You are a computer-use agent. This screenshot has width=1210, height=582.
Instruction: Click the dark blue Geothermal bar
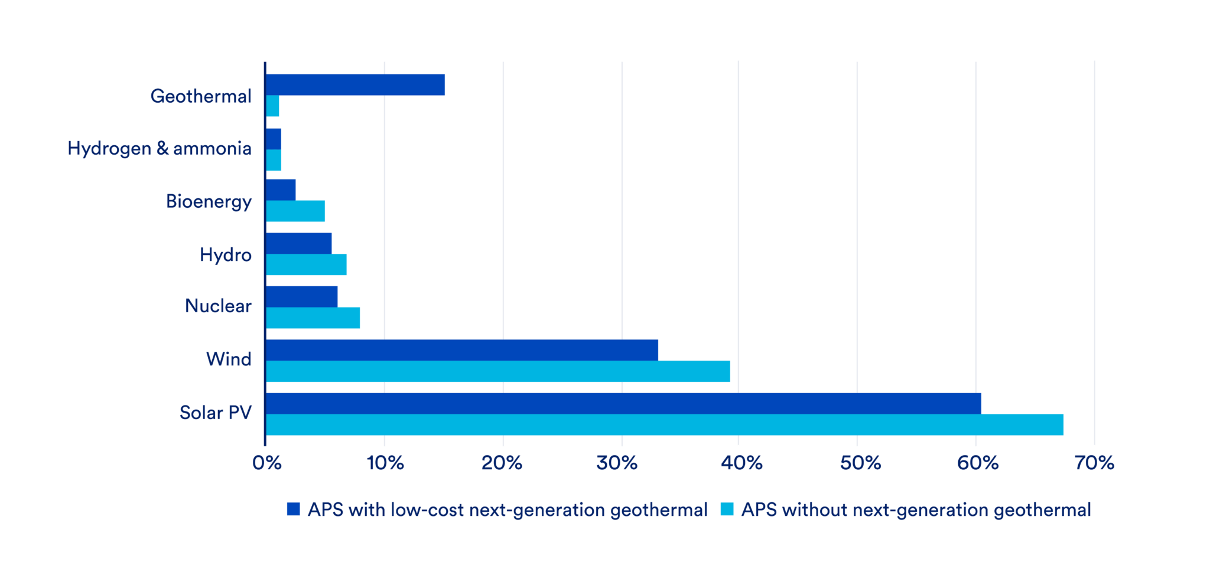coord(354,85)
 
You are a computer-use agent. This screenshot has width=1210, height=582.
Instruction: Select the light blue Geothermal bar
coord(272,106)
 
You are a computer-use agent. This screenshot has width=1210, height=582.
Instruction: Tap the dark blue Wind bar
coord(461,350)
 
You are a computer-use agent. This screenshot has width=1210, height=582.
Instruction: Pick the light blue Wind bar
coord(497,371)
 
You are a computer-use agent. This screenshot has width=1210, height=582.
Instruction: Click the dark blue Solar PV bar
coord(623,404)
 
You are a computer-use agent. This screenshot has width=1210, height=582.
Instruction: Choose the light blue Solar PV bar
coord(664,425)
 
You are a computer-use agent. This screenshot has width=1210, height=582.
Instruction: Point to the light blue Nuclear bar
coord(313,318)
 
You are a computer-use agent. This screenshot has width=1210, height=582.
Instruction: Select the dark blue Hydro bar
coord(298,243)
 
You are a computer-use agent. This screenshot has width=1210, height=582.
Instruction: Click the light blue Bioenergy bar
coord(295,211)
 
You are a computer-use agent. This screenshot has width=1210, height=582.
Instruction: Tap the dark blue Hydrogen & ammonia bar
coord(273,139)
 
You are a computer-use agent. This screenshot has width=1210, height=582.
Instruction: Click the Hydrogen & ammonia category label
coord(160,149)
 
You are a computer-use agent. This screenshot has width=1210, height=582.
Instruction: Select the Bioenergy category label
coord(209,202)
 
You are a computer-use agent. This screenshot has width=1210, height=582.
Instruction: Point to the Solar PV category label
coord(216,413)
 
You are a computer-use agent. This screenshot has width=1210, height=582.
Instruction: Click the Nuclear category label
coord(218,306)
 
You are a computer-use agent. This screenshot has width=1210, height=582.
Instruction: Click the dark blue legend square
coord(294,509)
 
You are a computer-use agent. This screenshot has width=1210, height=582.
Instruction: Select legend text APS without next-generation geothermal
coord(916,510)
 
